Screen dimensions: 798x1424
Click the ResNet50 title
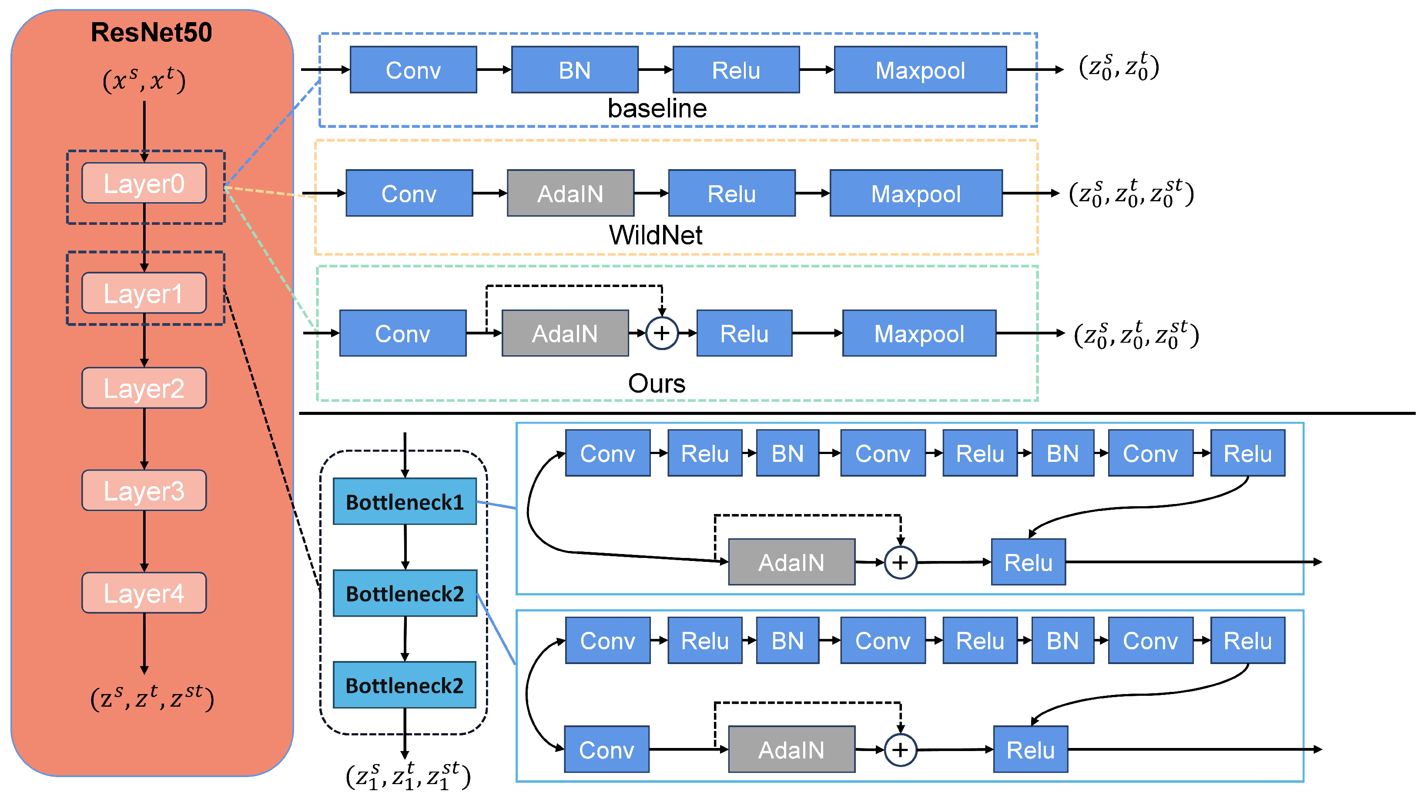(x=151, y=32)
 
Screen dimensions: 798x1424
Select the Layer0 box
(x=144, y=183)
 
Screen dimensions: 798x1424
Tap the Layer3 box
(x=144, y=490)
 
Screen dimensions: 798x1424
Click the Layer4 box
(x=144, y=593)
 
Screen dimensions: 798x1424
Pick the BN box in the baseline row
(x=574, y=70)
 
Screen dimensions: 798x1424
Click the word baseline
(x=657, y=108)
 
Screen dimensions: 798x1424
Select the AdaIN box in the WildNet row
(x=570, y=193)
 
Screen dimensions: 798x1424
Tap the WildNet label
(x=656, y=235)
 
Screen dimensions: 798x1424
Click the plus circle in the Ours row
(x=662, y=333)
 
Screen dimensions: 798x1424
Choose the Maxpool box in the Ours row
(x=919, y=333)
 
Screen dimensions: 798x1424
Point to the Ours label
(x=656, y=383)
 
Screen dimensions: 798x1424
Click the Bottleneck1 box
(x=405, y=501)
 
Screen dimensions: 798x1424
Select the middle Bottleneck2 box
(x=405, y=593)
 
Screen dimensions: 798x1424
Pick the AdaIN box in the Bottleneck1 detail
(x=791, y=562)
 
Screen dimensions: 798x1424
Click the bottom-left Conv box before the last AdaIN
(x=606, y=749)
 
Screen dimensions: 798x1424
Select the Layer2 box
(x=144, y=388)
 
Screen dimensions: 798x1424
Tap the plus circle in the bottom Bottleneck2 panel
(x=900, y=750)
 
